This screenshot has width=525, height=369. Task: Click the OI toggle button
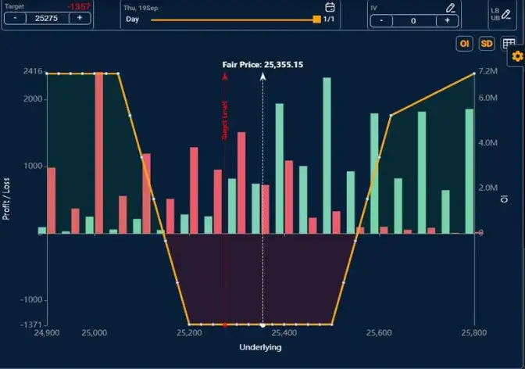tap(465, 45)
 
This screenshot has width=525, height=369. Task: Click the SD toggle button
tap(487, 45)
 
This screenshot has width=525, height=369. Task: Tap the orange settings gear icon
tap(516, 56)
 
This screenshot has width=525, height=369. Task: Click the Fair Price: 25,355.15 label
tap(262, 65)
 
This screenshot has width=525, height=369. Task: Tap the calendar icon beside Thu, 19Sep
tap(330, 7)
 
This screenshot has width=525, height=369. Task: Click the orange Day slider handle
tap(316, 19)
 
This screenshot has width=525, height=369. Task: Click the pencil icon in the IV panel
tap(450, 7)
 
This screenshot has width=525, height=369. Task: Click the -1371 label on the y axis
tap(30, 324)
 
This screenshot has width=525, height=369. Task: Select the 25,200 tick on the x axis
tap(189, 333)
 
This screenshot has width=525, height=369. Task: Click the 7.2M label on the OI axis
tap(488, 72)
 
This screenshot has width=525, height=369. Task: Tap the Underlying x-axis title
tap(261, 346)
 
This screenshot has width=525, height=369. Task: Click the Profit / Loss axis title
tap(6, 198)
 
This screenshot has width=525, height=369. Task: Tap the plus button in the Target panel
tap(80, 19)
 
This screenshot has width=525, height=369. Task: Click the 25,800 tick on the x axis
tap(474, 333)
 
